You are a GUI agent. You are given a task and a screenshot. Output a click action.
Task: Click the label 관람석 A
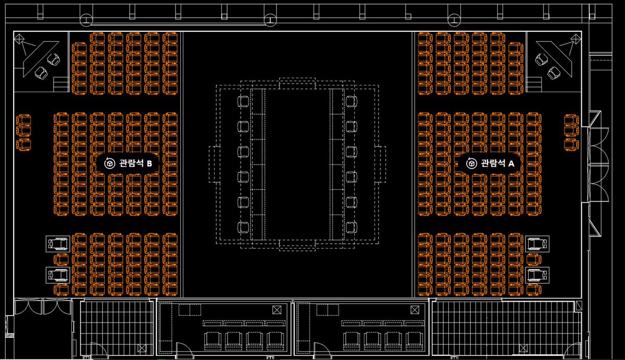tap(497, 164)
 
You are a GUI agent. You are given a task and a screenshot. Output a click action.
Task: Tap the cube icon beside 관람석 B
tap(109, 164)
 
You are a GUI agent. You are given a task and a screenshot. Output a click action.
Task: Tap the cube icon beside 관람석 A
tap(471, 164)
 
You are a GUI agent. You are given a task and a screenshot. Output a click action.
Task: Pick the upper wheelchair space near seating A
tap(537, 243)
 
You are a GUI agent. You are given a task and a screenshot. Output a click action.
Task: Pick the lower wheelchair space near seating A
tap(537, 274)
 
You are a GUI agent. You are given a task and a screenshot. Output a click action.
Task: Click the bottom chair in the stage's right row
tap(351, 227)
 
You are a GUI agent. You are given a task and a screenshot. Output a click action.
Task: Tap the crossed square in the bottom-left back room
tap(275, 310)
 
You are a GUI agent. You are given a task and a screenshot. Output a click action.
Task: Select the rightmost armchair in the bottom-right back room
tap(414, 340)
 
